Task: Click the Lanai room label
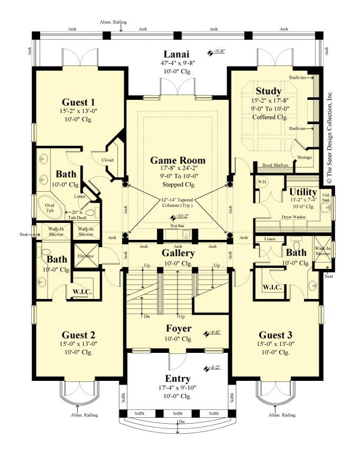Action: point(176,54)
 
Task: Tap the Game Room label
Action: point(177,160)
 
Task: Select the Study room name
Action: point(268,91)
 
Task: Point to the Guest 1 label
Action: point(78,102)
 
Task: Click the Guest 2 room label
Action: point(78,334)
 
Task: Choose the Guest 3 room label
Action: point(276,334)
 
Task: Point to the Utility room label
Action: point(303,191)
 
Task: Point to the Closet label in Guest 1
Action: point(108,160)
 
